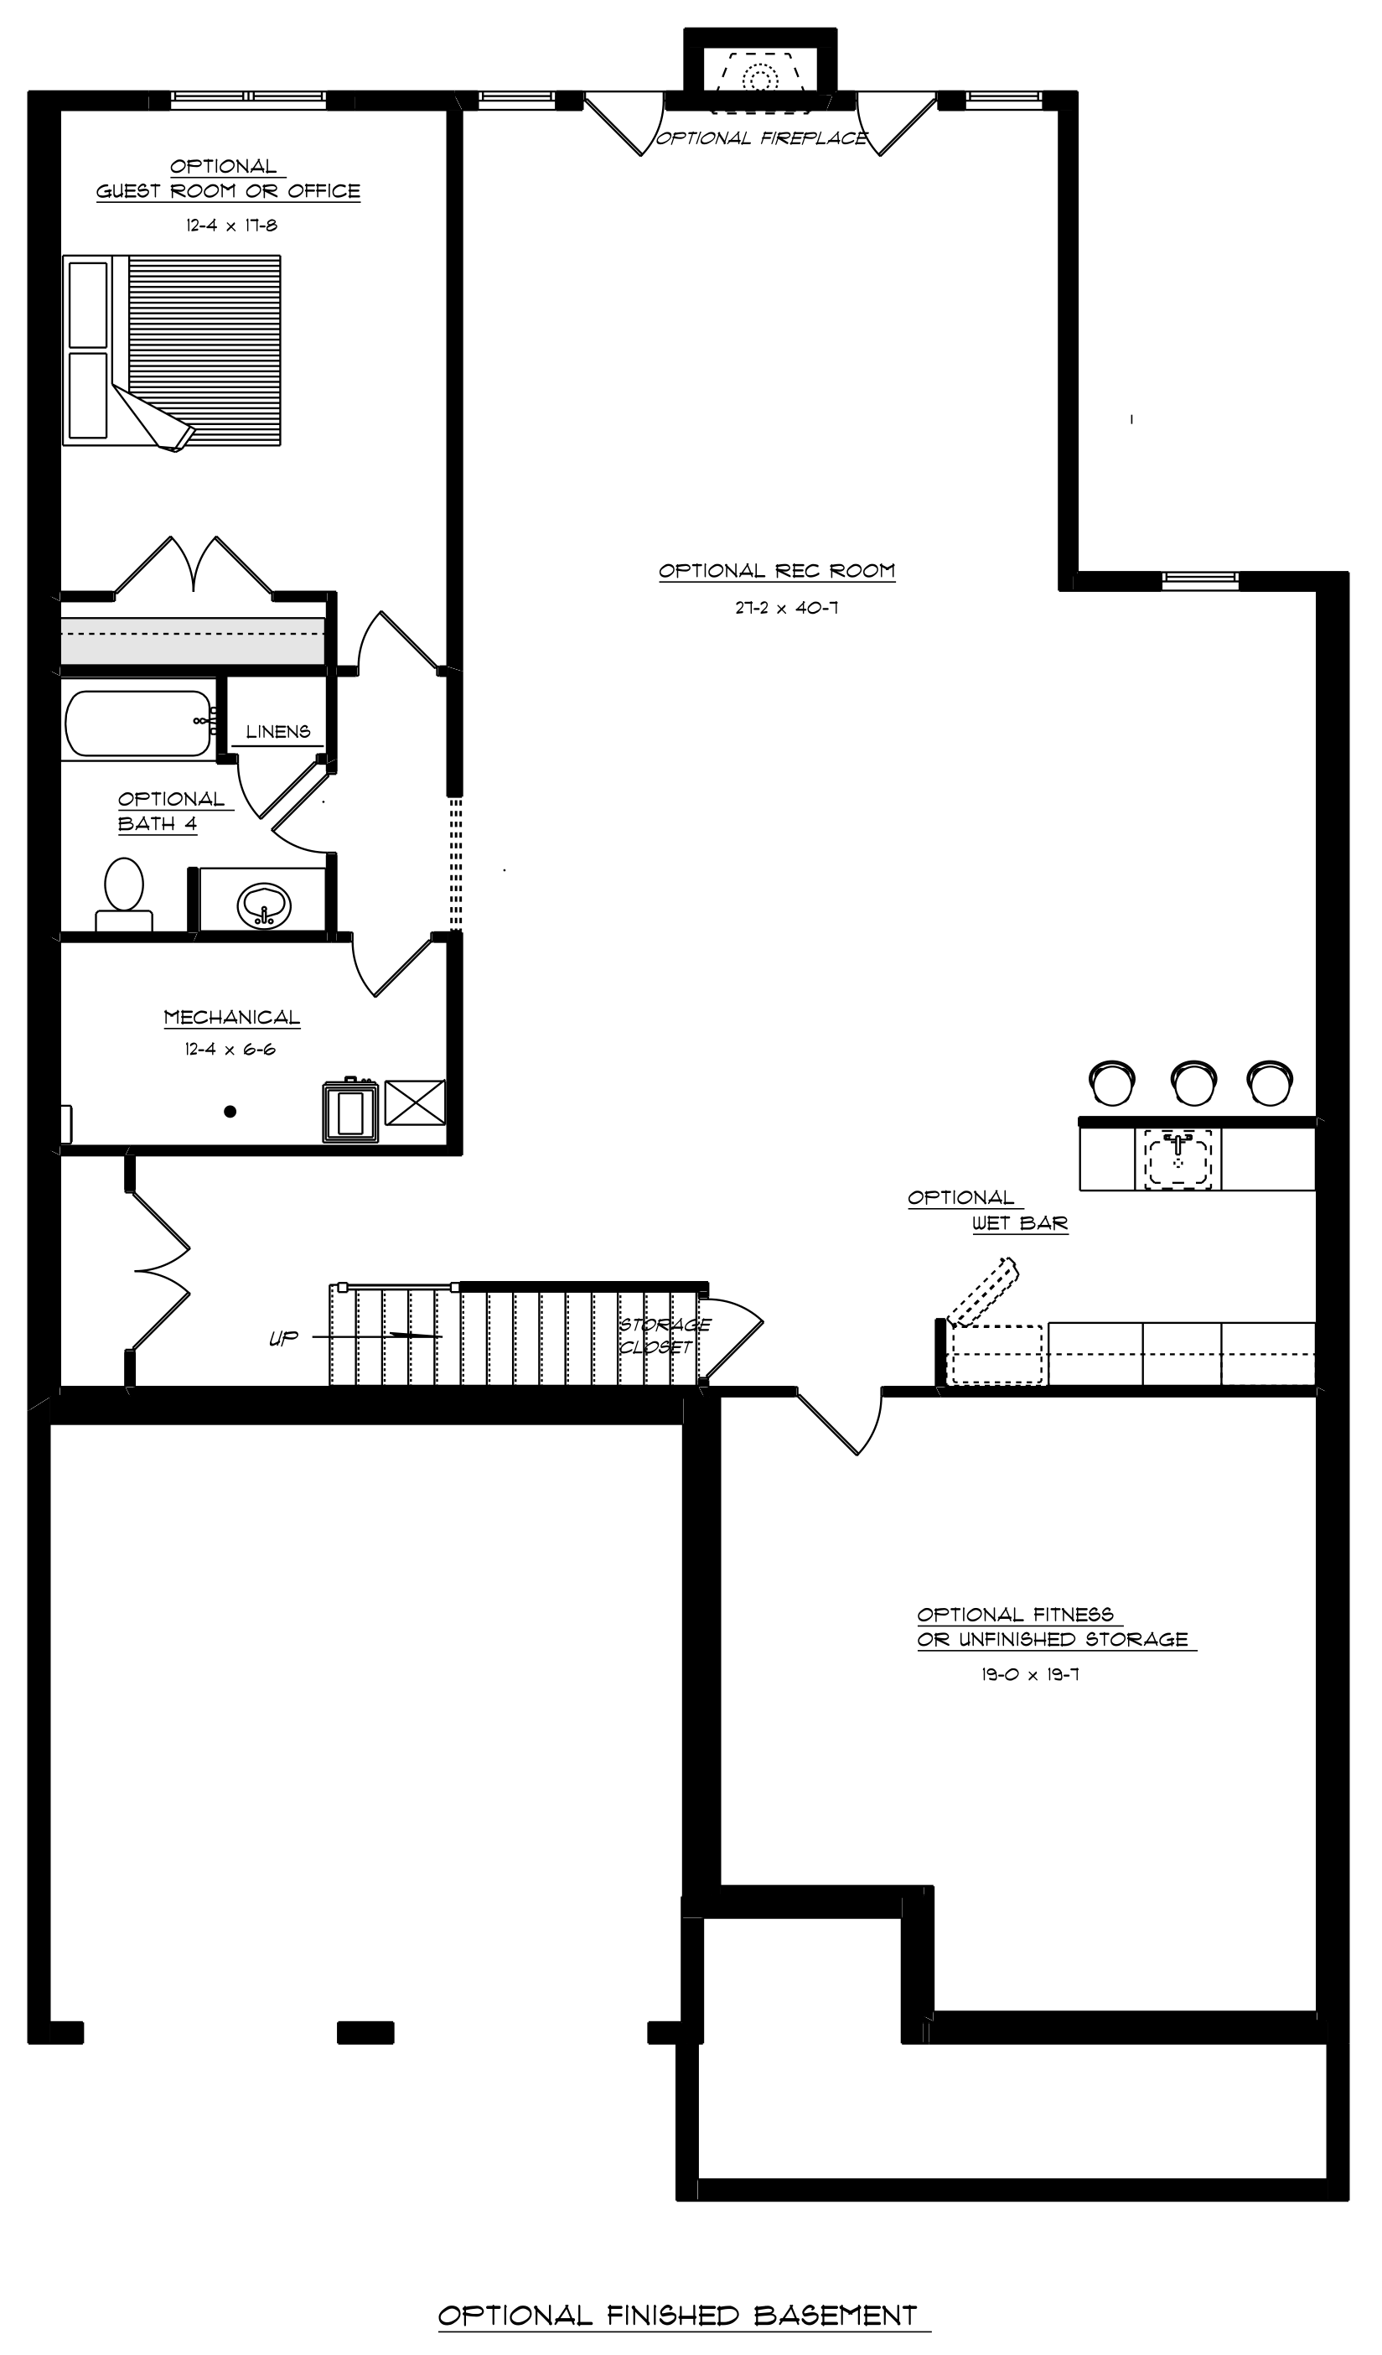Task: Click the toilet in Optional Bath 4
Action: point(124,895)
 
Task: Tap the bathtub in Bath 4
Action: point(138,724)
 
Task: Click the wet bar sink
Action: point(1178,1159)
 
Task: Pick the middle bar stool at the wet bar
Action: point(1193,1084)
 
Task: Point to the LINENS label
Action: point(278,732)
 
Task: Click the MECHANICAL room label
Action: point(232,1017)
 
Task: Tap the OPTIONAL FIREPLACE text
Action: point(762,138)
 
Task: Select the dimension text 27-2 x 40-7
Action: point(786,608)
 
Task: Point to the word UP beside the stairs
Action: point(283,1338)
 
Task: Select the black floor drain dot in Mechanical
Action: point(230,1111)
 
